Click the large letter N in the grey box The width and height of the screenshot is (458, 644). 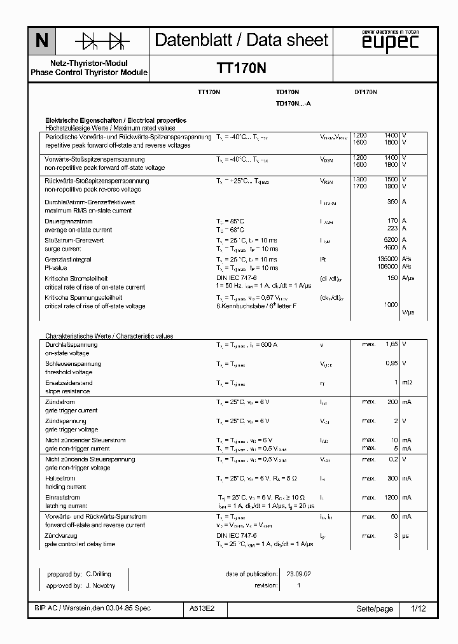(41, 41)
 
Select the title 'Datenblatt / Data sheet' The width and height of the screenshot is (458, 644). (242, 40)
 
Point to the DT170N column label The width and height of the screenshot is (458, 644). (366, 92)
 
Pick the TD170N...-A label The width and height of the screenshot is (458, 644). (293, 103)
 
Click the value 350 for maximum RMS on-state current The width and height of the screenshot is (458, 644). (392, 202)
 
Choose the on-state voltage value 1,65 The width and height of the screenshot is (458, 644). (390, 344)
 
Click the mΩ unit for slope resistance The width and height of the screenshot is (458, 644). (406, 382)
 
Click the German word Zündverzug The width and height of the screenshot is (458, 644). (61, 536)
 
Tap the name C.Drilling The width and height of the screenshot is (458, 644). (99, 573)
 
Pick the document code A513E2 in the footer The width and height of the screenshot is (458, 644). (202, 609)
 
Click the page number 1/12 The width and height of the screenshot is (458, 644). (419, 609)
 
